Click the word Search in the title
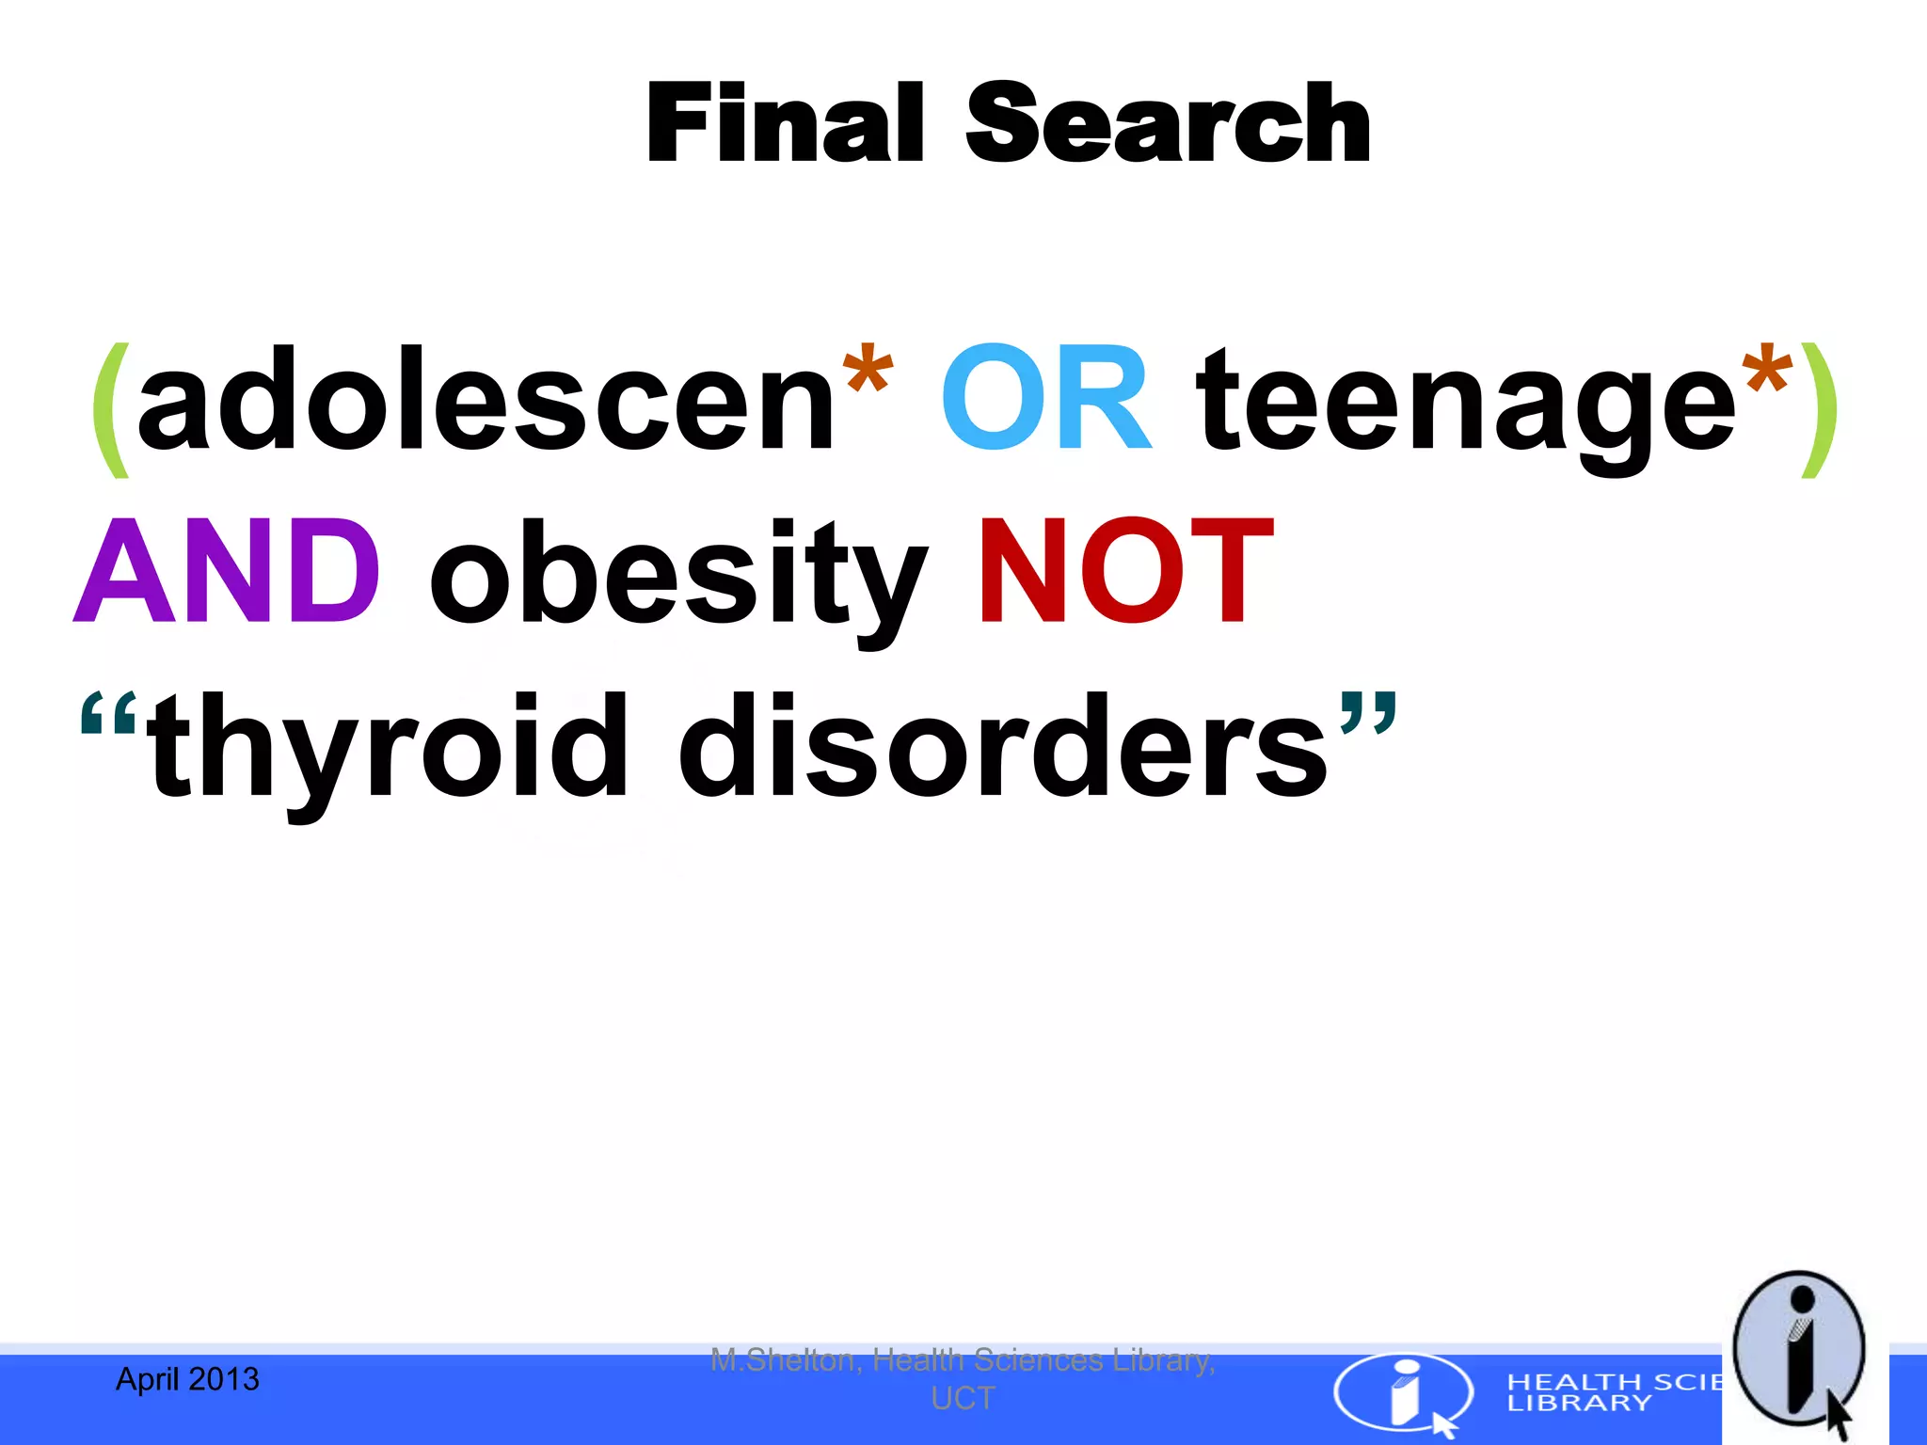[x=1168, y=123]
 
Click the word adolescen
[x=485, y=400]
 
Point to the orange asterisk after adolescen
[x=867, y=372]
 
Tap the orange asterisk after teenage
[x=1765, y=372]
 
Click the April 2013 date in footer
[x=187, y=1379]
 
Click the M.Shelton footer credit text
[x=963, y=1378]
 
